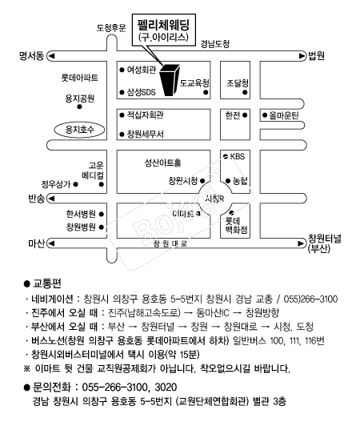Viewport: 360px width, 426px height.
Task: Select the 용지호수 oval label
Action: point(80,128)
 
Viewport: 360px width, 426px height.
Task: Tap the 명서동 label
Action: point(30,56)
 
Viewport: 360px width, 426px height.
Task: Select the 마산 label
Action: point(37,243)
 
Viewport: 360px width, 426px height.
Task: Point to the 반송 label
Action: point(36,198)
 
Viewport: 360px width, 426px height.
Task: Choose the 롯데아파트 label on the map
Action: point(80,78)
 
